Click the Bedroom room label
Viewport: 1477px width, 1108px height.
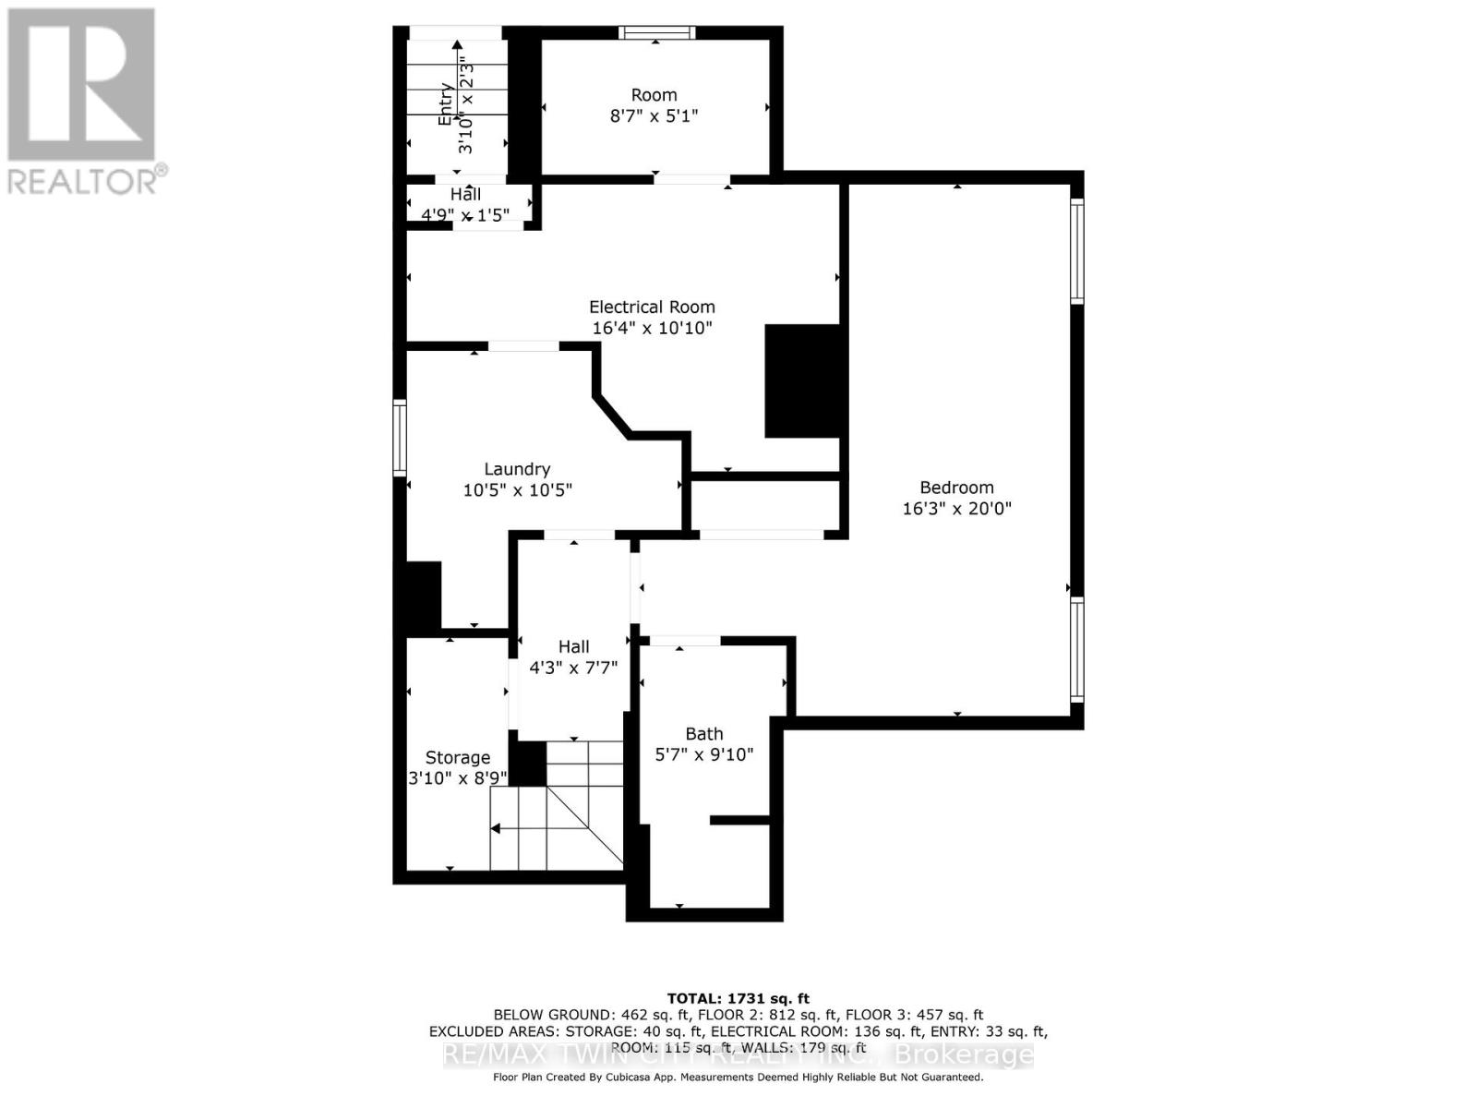[x=956, y=488]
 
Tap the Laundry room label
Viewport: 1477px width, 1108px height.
[x=517, y=469]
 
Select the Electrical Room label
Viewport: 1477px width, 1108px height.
[x=652, y=307]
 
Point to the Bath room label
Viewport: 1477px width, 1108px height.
[x=703, y=734]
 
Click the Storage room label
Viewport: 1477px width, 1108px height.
[x=457, y=758]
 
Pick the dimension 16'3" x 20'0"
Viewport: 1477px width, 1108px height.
[x=956, y=509]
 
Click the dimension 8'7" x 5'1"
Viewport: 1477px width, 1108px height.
[x=654, y=116]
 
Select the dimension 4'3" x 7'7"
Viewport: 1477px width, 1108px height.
[x=573, y=668]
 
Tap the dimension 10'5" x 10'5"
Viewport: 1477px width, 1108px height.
[x=517, y=490]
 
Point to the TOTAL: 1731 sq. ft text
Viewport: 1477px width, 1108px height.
[x=738, y=998]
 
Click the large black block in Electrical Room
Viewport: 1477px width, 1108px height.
[x=801, y=380]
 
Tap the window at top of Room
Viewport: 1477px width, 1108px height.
[x=656, y=33]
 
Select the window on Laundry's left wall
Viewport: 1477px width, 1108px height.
[x=400, y=438]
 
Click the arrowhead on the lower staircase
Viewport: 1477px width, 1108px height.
[x=496, y=828]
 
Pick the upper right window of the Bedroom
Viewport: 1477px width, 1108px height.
[x=1076, y=250]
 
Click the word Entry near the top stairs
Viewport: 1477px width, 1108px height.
[x=446, y=103]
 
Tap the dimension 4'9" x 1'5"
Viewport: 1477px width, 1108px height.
[x=465, y=216]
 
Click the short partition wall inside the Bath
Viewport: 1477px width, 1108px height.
[x=739, y=819]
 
